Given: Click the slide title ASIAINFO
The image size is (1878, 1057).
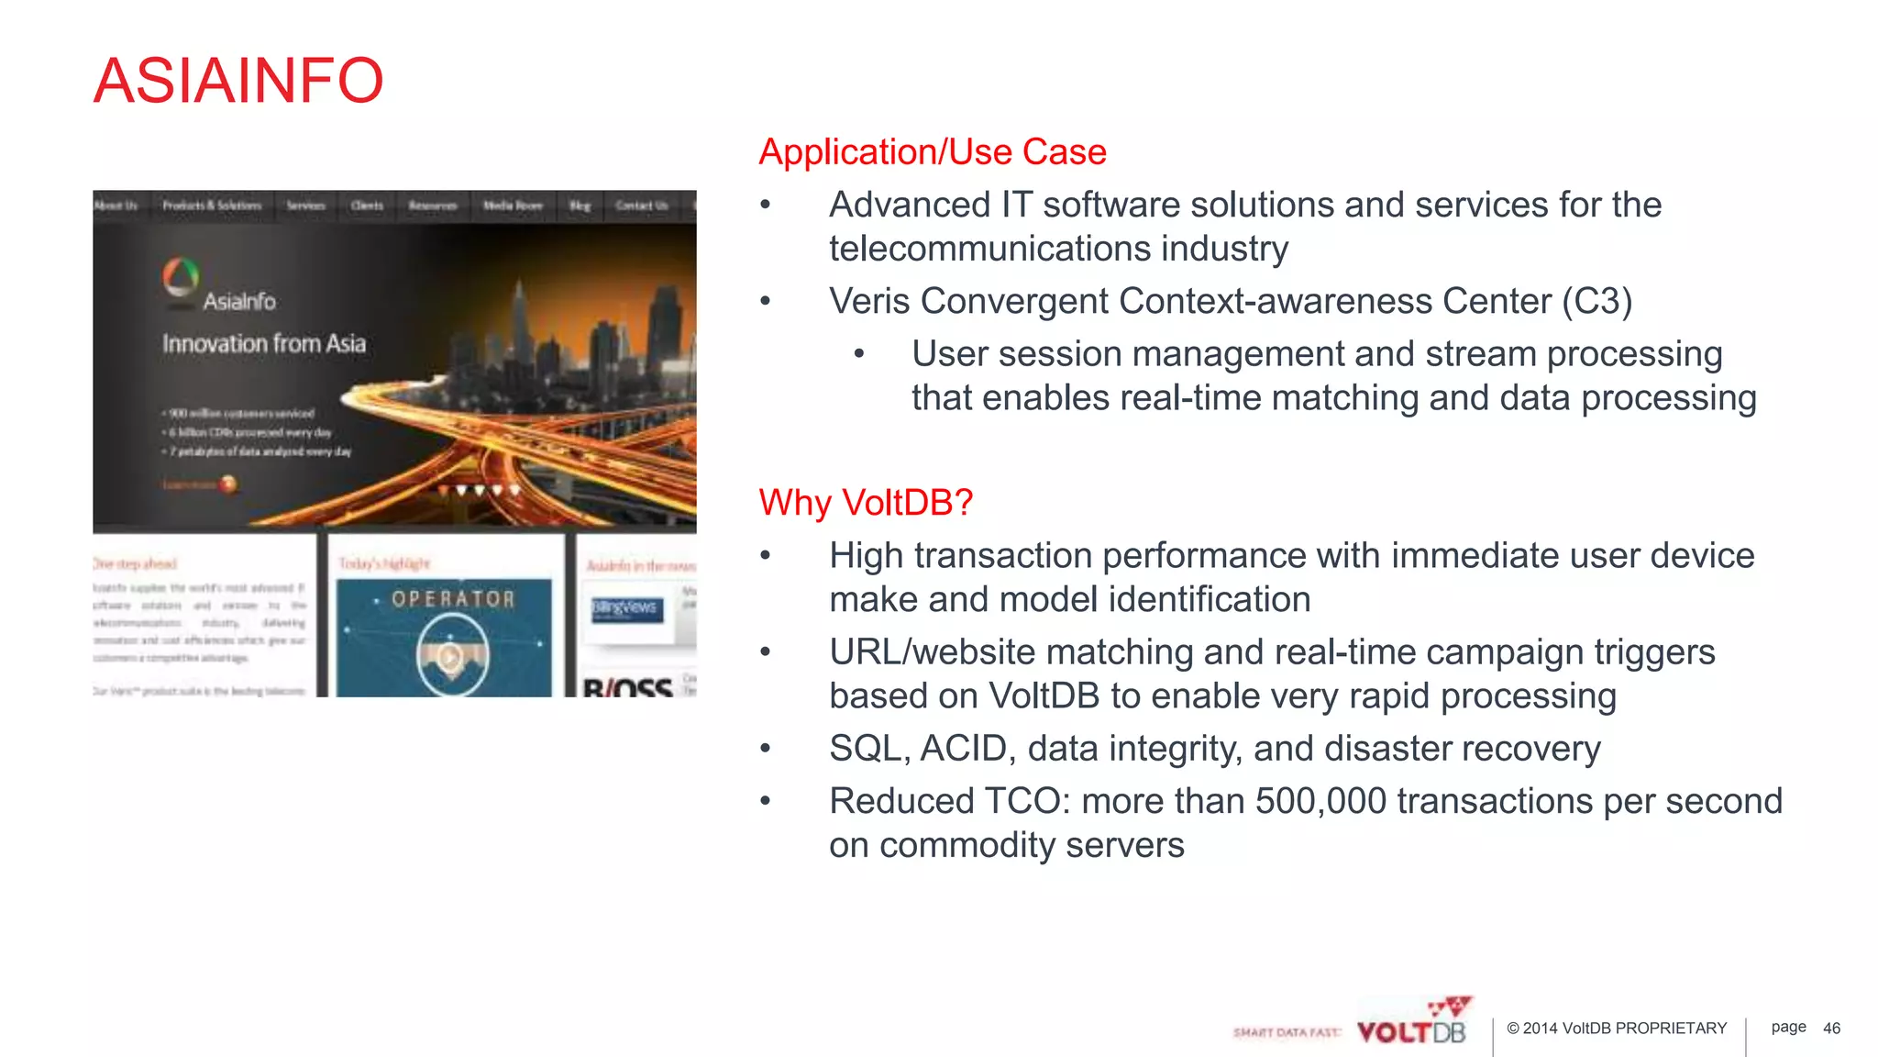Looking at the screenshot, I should tap(238, 81).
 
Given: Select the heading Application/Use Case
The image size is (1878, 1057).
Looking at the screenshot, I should tap(933, 152).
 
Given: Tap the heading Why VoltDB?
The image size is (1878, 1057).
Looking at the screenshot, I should tap(866, 503).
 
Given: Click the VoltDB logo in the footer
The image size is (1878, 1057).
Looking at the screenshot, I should tap(1412, 1026).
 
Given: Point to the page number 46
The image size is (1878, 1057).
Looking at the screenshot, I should tap(1831, 1029).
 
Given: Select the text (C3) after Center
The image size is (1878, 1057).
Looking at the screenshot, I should tap(1597, 302).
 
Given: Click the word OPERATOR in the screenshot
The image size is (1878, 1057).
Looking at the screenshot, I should tap(453, 599).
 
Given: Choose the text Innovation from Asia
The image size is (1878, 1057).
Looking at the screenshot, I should tap(264, 344).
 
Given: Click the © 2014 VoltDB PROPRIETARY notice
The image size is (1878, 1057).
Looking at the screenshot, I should tap(1617, 1029).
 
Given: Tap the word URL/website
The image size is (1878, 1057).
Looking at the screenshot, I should tap(932, 652).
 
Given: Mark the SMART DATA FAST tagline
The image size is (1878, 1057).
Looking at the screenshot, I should tap(1286, 1033).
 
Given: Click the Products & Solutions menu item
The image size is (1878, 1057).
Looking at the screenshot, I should tap(212, 206).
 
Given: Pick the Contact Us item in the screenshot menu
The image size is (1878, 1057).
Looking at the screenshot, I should tap(641, 206).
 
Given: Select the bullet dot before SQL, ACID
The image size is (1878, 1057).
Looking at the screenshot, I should tap(766, 749).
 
